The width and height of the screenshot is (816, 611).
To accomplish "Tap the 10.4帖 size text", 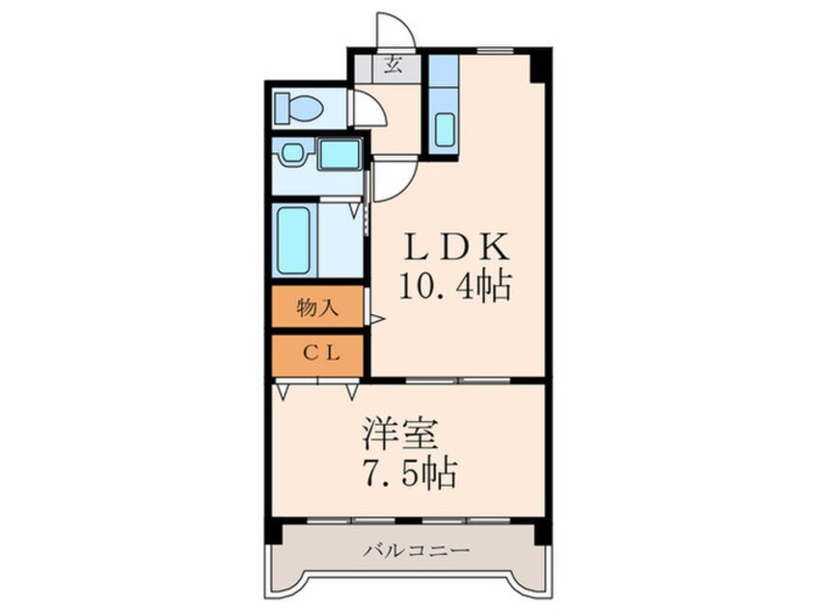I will (455, 286).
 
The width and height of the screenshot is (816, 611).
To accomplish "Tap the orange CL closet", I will (317, 353).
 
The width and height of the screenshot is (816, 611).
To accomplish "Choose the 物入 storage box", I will (317, 308).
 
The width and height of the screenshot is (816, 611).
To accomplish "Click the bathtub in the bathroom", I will (294, 240).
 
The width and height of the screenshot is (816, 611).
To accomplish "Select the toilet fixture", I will (297, 108).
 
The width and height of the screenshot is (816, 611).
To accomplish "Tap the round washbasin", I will (290, 153).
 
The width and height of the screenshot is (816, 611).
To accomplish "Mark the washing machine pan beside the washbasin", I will (339, 153).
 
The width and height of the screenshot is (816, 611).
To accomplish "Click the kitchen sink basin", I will (445, 129).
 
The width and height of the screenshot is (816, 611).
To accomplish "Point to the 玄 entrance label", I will (394, 67).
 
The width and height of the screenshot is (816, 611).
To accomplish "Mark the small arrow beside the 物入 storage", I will (378, 318).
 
